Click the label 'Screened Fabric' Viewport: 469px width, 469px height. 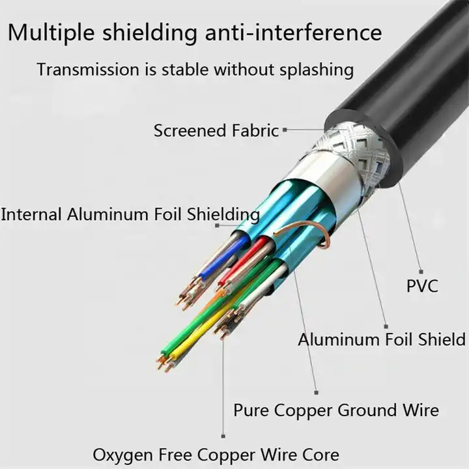(x=216, y=130)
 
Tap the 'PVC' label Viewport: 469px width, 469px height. (x=423, y=285)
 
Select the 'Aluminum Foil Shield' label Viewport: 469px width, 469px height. (x=382, y=339)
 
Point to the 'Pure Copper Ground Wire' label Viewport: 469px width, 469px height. (x=335, y=410)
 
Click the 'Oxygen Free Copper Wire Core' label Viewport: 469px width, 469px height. (x=216, y=454)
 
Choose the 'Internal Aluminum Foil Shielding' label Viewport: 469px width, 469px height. (x=130, y=214)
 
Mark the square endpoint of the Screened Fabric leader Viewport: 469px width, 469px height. (x=284, y=130)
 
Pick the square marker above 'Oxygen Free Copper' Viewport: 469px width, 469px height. (x=223, y=436)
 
